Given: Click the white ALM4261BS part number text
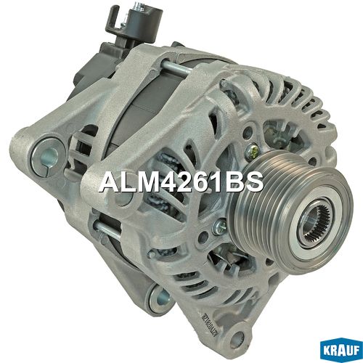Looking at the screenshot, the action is pos(181,181).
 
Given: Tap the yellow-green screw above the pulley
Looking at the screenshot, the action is pos(250,150).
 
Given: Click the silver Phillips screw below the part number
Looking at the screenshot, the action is pos(219,227).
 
